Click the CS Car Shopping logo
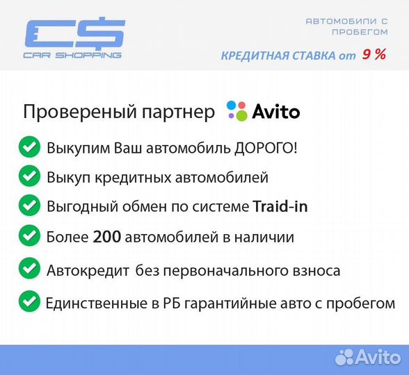[x=74, y=38]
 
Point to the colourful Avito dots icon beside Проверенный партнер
[x=236, y=111]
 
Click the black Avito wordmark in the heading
[x=275, y=112]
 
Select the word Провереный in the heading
[x=63, y=112]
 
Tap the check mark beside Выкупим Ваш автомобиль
[x=29, y=147]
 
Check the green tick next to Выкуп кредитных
[x=29, y=176]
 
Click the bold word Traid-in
[x=280, y=206]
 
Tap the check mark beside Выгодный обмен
[x=29, y=206]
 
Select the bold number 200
[x=107, y=237]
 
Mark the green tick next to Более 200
[x=29, y=235]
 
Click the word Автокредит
[x=88, y=270]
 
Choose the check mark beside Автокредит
[x=29, y=268]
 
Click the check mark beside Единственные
[x=29, y=301]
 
